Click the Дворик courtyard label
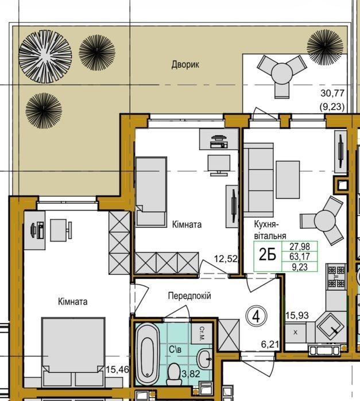tap(185, 64)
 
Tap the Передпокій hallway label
tap(189, 296)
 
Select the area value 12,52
tap(226, 259)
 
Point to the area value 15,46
tap(117, 369)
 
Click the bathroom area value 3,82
tap(191, 373)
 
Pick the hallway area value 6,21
tap(270, 344)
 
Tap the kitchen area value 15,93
tap(297, 316)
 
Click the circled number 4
tap(256, 317)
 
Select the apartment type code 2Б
tap(268, 255)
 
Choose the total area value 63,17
tap(300, 256)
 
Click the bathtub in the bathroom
tap(147, 354)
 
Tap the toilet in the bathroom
tap(174, 373)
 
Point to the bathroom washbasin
tap(204, 359)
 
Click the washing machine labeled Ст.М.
tap(202, 333)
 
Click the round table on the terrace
tap(282, 73)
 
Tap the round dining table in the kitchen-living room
tap(325, 220)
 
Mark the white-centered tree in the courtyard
tap(45, 57)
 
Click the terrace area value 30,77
tap(332, 93)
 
